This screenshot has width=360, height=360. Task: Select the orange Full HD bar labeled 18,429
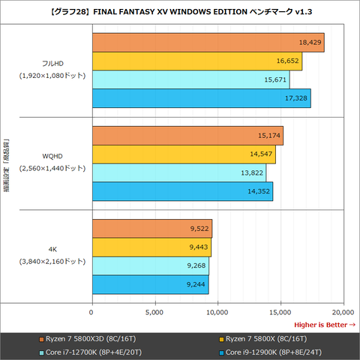point(208,43)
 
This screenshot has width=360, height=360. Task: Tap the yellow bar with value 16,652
point(196,61)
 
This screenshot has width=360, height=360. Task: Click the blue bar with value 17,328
point(201,98)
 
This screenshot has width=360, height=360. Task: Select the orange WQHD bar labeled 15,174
point(187,136)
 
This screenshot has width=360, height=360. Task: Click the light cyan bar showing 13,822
point(178,172)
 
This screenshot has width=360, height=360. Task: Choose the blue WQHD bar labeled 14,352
point(182,191)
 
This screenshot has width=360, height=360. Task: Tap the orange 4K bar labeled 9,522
point(151,229)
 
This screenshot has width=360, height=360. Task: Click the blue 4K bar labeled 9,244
point(150,284)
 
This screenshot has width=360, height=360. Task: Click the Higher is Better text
point(324,324)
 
